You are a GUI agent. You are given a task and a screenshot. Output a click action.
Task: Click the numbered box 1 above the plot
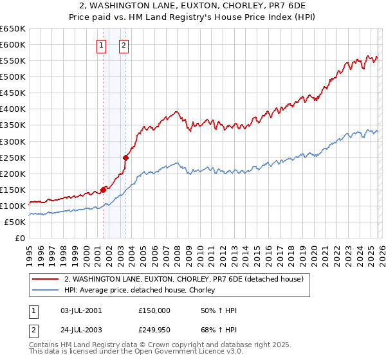pyautogui.click(x=102, y=45)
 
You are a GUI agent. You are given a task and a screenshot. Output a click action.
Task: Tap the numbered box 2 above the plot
pyautogui.click(x=124, y=45)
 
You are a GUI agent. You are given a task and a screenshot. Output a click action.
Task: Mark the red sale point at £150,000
pyautogui.click(x=103, y=190)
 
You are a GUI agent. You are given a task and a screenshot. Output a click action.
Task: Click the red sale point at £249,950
pyautogui.click(x=126, y=157)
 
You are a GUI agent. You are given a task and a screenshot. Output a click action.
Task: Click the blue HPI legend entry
pyautogui.click(x=143, y=291)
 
